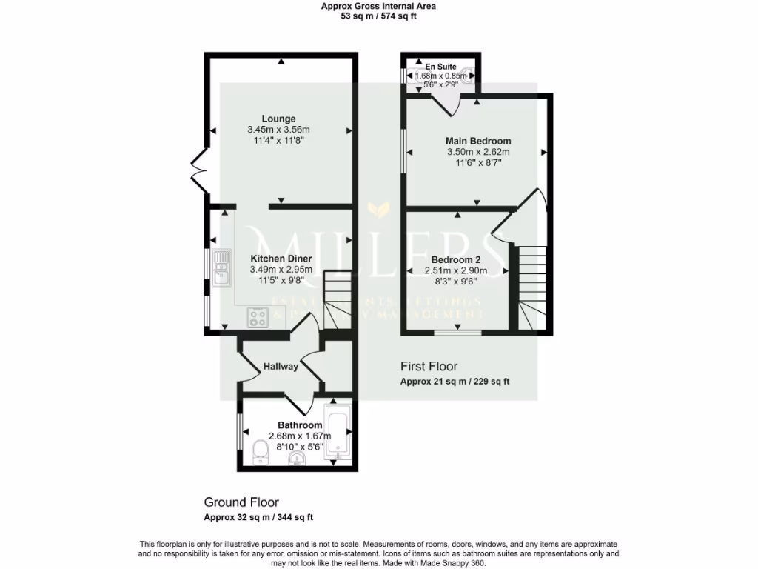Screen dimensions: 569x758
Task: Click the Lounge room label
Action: (x=278, y=119)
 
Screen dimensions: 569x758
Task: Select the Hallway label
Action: (x=281, y=366)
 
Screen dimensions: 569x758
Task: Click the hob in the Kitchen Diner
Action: (x=258, y=317)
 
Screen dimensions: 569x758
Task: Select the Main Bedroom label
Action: (x=477, y=141)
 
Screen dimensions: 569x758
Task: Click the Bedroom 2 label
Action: (x=457, y=260)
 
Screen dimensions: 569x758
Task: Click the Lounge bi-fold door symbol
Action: (x=198, y=171)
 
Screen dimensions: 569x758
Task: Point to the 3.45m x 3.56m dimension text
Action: (x=278, y=130)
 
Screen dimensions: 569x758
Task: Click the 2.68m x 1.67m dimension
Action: (x=300, y=436)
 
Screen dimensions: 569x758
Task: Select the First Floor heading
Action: (x=429, y=366)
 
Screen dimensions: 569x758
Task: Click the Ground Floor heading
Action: (x=241, y=502)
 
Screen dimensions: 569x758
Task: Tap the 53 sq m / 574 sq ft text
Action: (x=378, y=16)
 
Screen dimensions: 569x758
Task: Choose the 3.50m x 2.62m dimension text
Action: (x=477, y=152)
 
